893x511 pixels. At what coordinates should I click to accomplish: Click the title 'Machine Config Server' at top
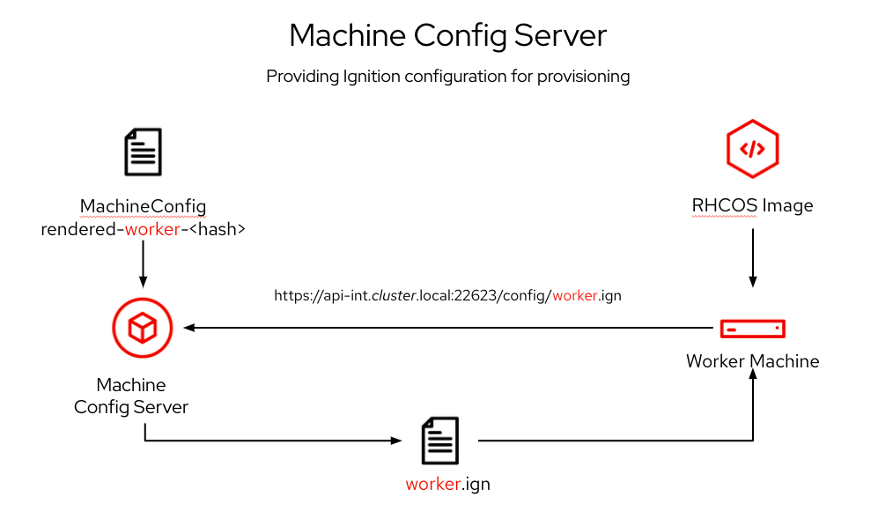447,35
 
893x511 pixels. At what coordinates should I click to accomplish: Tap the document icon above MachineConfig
143,152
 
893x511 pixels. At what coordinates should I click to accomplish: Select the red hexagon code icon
752,148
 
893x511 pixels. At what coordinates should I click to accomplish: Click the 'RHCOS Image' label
752,206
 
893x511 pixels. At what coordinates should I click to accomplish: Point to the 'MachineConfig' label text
143,207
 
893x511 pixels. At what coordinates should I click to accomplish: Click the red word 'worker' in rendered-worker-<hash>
152,230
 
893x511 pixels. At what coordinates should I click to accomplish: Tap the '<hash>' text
216,230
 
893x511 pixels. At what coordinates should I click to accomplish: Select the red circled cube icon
141,328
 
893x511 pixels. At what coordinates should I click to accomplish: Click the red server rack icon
752,328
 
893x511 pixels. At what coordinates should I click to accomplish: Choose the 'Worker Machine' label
752,361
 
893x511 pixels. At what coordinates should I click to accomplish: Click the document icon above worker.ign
440,441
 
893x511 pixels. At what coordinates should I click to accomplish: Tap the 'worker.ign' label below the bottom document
447,484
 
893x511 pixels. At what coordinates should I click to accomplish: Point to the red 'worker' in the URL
575,296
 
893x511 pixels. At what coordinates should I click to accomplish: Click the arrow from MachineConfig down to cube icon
143,264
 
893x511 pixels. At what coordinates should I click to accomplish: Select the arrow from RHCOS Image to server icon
752,257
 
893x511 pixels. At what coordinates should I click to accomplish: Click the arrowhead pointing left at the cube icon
189,328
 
